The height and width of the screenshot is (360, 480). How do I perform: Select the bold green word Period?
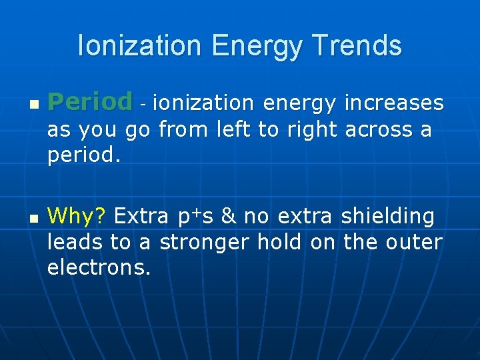click(x=90, y=102)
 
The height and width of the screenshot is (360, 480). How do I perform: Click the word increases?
click(x=393, y=103)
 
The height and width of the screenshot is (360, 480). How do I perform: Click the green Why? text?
click(x=77, y=216)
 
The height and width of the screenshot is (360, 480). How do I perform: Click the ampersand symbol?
click(x=228, y=216)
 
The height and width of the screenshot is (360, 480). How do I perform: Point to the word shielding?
click(x=387, y=217)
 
